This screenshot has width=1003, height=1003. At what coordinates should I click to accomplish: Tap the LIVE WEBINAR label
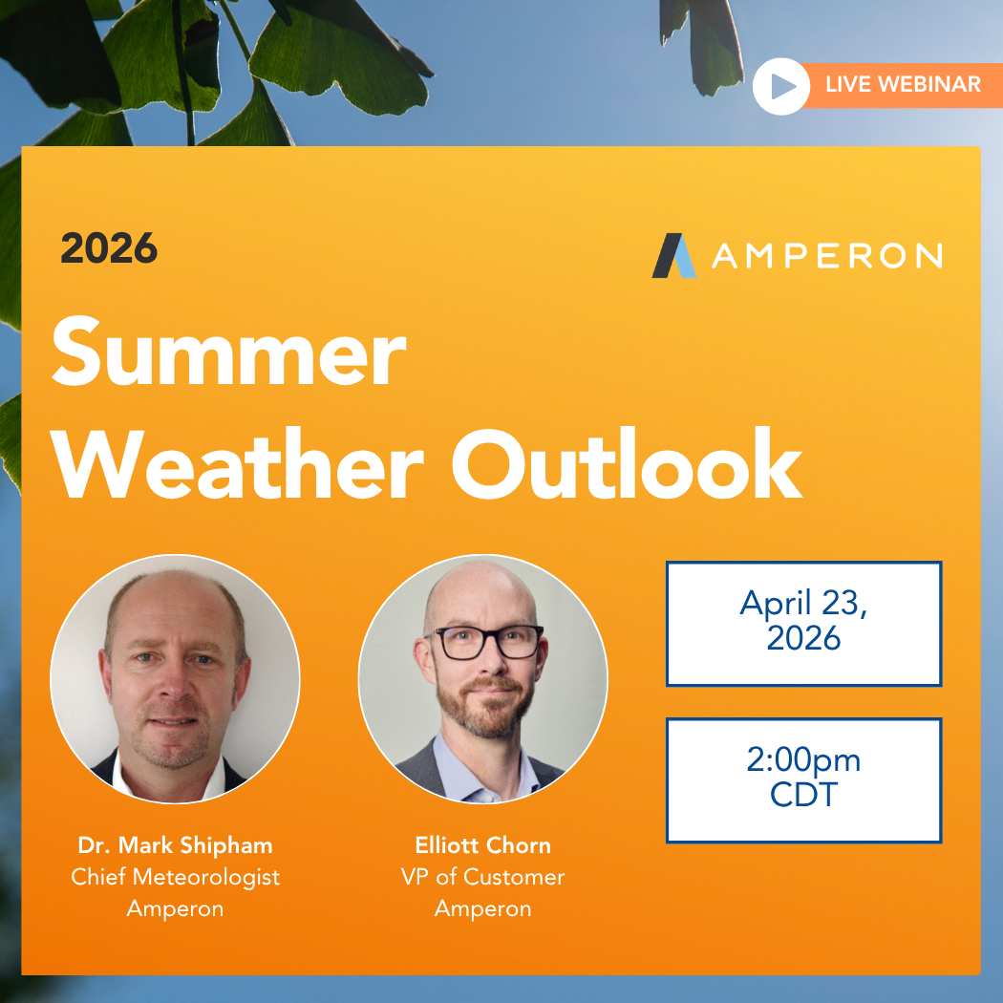pyautogui.click(x=903, y=84)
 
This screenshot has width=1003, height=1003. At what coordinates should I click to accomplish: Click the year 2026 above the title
pyautogui.click(x=109, y=249)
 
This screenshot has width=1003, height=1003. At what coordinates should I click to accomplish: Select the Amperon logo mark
pyautogui.click(x=674, y=255)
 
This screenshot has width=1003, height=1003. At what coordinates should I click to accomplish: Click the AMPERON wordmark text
pyautogui.click(x=826, y=256)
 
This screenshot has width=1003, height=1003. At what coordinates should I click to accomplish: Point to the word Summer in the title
pyautogui.click(x=229, y=353)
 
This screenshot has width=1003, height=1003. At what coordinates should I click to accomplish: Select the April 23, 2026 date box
pyautogui.click(x=803, y=623)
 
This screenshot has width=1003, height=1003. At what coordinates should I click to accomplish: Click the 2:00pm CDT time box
pyautogui.click(x=803, y=779)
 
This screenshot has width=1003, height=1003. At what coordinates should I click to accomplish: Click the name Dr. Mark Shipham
pyautogui.click(x=175, y=845)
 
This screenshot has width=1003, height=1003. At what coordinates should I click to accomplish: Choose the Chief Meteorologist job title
pyautogui.click(x=175, y=877)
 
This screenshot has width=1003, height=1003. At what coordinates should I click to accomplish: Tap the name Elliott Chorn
pyautogui.click(x=482, y=845)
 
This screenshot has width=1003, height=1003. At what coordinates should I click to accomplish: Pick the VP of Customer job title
pyautogui.click(x=482, y=877)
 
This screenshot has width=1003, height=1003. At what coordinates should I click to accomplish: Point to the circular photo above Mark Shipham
pyautogui.click(x=175, y=678)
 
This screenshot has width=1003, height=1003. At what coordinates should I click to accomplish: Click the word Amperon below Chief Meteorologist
pyautogui.click(x=175, y=908)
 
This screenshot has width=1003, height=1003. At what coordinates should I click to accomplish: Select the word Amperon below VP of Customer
pyautogui.click(x=482, y=908)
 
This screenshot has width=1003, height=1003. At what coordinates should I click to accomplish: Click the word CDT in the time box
pyautogui.click(x=803, y=795)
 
